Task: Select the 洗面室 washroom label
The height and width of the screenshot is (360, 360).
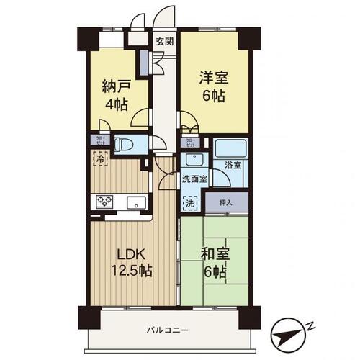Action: pos(194,178)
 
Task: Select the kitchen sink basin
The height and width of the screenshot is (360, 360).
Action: pos(135,201)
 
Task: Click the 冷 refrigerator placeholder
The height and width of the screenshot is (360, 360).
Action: pos(99,158)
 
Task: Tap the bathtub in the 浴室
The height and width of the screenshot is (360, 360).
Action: pos(233,148)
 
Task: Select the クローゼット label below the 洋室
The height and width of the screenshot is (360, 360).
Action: pos(190,142)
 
